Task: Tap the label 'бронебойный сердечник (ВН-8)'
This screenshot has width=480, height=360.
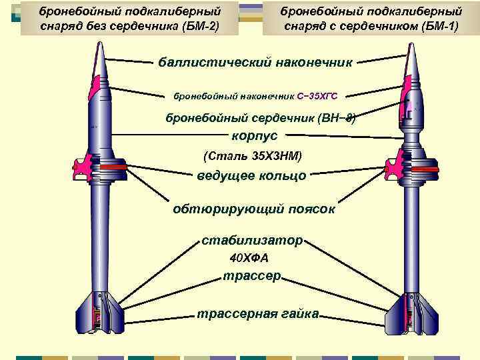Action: [261, 118]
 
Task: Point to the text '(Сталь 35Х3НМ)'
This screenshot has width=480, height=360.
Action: [252, 156]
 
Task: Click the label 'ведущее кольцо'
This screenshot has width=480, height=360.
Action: [251, 176]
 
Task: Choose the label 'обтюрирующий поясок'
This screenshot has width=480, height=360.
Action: [253, 209]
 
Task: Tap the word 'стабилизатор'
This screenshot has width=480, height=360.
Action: [253, 239]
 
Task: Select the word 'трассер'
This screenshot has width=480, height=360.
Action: [253, 276]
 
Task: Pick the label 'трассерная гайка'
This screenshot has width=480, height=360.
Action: [257, 313]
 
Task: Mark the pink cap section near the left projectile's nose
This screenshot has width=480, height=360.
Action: [98, 83]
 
